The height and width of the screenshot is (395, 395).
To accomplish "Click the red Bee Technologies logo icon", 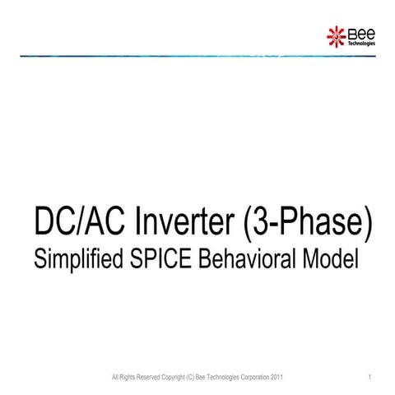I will (x=337, y=35).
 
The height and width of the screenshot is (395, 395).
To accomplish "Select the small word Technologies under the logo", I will (x=362, y=43).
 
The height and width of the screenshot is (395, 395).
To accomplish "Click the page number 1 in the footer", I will (x=372, y=378).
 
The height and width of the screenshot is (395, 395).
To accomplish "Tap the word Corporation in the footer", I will (x=251, y=378).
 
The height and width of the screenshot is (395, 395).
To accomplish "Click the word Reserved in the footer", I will (x=143, y=378).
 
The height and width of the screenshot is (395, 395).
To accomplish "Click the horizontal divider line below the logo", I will (x=197, y=56).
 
